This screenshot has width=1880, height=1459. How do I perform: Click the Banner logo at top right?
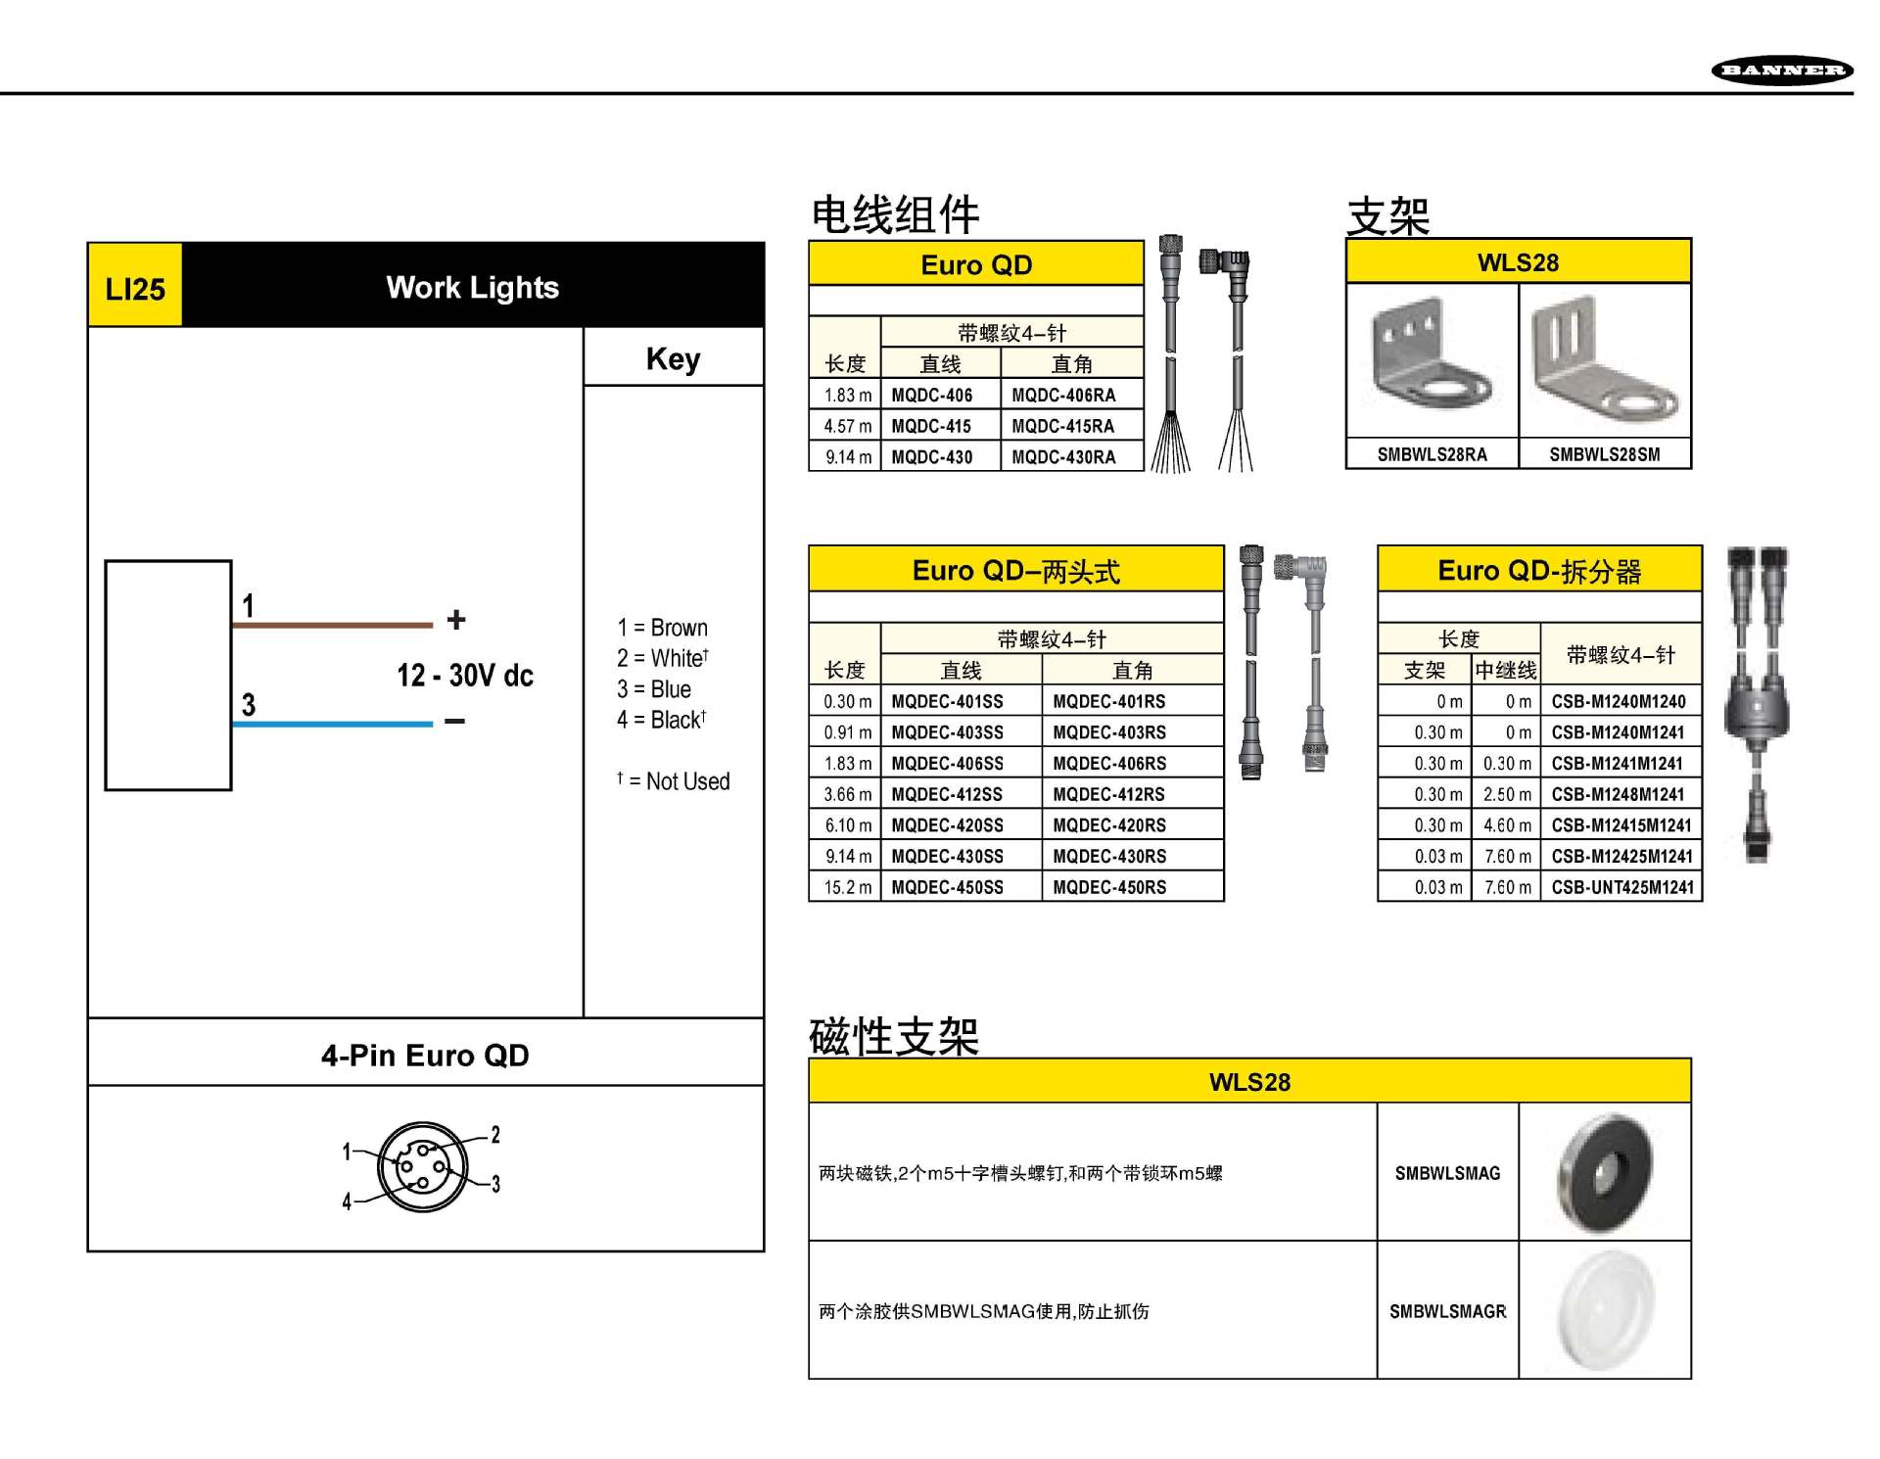point(1781,70)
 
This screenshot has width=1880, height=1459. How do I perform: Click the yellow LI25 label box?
point(135,287)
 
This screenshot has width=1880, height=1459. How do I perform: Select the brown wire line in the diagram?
point(332,624)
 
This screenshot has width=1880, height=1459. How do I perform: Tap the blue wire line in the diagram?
point(332,724)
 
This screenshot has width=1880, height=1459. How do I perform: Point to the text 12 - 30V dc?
point(464,675)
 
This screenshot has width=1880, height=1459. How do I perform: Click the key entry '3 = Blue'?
point(654,689)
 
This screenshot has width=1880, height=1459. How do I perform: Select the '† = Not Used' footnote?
point(674,781)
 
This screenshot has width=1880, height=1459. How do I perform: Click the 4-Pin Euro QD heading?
point(425,1055)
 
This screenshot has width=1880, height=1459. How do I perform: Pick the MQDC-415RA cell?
point(1063,426)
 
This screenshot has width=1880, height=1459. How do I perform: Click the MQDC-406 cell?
point(932,396)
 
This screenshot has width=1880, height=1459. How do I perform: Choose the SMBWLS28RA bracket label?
point(1432,454)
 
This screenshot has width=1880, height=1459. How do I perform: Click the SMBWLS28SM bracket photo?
point(1605,361)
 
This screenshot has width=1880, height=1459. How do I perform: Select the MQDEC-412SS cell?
point(947,794)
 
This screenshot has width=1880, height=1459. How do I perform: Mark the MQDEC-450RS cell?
point(1109,887)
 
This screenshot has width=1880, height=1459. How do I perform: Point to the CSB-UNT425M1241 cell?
point(1621,887)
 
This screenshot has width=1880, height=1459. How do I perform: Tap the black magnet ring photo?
point(1605,1171)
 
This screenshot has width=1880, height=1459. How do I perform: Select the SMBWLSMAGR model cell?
point(1447,1311)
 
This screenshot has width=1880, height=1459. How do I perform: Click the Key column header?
point(673,358)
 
